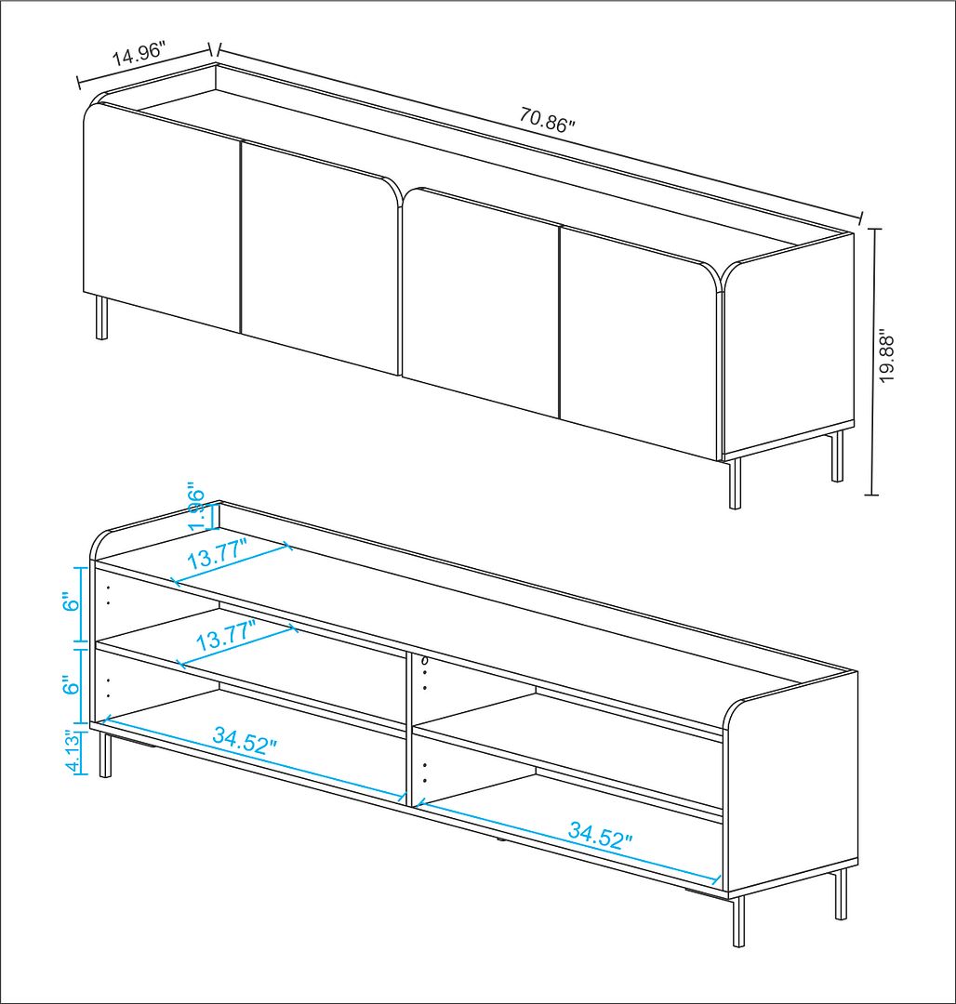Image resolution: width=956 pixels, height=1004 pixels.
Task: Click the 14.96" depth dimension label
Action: tap(139, 52)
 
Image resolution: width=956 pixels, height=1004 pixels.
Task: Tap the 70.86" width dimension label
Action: tap(547, 120)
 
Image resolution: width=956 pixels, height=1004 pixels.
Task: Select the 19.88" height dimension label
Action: tap(886, 356)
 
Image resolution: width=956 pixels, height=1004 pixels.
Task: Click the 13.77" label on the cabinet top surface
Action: tap(217, 554)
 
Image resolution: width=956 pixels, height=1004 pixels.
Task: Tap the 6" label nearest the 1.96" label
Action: tap(72, 604)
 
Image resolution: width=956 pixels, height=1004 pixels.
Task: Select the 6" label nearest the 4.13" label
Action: tap(72, 686)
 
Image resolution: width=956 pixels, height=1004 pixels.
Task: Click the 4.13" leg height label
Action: tap(73, 752)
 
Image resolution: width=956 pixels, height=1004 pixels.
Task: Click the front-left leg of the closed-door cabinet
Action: tap(101, 317)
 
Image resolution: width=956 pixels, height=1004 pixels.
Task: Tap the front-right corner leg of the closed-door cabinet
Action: tap(735, 482)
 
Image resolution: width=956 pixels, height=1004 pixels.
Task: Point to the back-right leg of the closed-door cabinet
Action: tap(837, 456)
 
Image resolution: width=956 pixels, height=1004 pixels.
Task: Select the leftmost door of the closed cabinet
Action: tap(162, 218)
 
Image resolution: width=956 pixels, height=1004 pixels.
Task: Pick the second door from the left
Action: tap(321, 257)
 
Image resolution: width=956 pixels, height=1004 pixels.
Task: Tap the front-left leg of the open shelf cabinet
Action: tap(106, 756)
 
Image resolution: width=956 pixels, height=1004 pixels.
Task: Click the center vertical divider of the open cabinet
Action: tap(410, 730)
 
